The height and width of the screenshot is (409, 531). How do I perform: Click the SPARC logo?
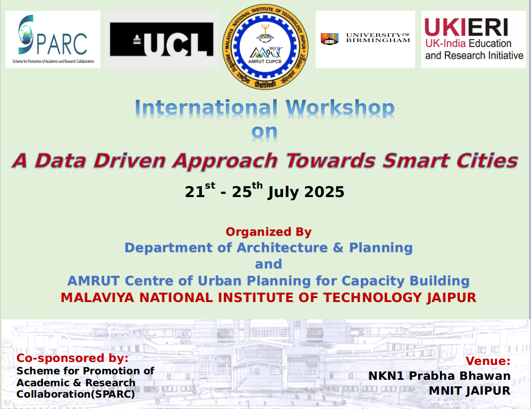pos(53,40)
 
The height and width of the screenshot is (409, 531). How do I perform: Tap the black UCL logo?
pos(162,40)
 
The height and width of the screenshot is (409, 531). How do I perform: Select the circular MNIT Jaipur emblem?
pos(265,47)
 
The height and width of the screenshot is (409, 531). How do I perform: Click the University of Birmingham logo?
pos(365,39)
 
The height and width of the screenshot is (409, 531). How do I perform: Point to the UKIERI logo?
pos(474,40)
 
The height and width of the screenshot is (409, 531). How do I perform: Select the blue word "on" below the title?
pos(265,133)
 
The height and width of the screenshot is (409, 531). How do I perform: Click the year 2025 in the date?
pos(324,192)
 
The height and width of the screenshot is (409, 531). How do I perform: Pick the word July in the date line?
pos(284,192)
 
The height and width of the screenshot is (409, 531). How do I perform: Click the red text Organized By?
pos(269,232)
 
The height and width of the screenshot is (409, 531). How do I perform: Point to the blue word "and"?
pos(268,264)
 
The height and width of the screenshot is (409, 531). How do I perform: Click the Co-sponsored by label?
pos(72,358)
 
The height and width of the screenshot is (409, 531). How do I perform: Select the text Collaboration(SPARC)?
pos(75,395)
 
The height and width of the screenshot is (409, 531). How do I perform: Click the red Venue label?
pos(488,361)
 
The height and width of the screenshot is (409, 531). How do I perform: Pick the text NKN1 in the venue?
pos(386,376)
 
